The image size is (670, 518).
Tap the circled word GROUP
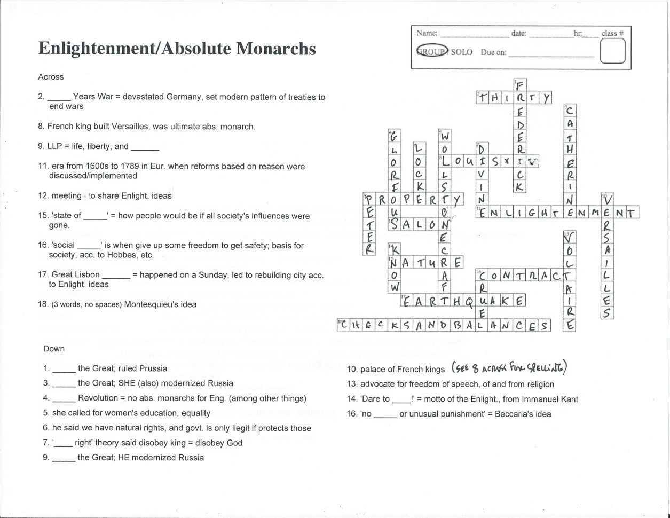[432, 52]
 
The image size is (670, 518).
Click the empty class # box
[612, 52]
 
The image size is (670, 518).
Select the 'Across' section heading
[51, 77]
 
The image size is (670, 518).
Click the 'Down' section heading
[54, 349]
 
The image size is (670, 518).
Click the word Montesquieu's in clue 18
[151, 304]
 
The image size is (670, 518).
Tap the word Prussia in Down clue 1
[153, 368]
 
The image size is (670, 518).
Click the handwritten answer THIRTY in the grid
[514, 97]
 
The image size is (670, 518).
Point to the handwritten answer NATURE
[425, 263]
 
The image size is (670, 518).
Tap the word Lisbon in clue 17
[87, 275]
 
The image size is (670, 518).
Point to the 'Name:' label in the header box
[427, 33]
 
